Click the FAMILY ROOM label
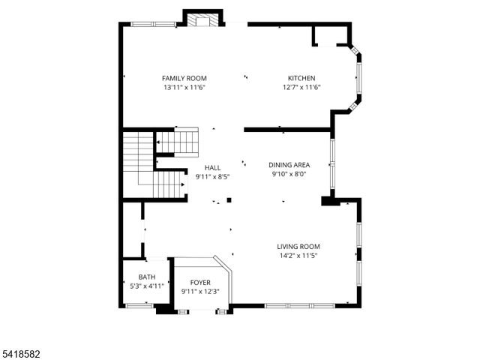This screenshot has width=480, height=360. (184, 78)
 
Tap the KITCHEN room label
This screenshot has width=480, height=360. (301, 78)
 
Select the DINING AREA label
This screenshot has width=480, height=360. (289, 164)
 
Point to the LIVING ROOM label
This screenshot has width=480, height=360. (298, 246)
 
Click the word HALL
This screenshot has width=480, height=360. (212, 168)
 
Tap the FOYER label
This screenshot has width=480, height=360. (200, 282)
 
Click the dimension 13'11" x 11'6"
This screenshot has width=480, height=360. (184, 88)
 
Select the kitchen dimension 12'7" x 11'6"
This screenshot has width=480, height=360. (301, 88)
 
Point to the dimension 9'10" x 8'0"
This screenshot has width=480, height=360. (289, 174)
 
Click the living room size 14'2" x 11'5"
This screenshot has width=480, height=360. (298, 256)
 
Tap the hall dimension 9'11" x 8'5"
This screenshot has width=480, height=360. (212, 177)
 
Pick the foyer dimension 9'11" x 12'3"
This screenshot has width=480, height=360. (200, 291)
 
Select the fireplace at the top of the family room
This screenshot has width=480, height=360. (203, 20)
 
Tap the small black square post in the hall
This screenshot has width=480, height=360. (229, 200)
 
